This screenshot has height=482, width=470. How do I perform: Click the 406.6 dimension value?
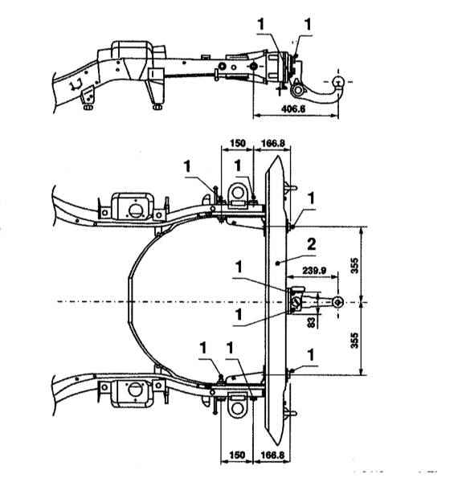(x=293, y=108)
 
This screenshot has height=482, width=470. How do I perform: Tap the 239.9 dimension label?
(x=314, y=271)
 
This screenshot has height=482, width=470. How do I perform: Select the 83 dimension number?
(x=312, y=322)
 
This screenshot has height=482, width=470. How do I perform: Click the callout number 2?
(x=312, y=244)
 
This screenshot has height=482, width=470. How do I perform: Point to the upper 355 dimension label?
(x=354, y=265)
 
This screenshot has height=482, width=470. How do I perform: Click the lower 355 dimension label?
(x=354, y=340)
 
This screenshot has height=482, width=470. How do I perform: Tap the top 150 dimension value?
(x=238, y=143)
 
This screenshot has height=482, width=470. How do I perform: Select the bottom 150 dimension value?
(x=237, y=455)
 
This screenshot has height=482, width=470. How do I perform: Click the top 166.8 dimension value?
(x=272, y=143)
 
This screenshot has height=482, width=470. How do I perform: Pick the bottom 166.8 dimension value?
(x=272, y=455)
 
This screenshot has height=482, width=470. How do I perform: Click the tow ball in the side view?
(x=338, y=82)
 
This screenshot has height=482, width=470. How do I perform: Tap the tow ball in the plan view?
(x=338, y=302)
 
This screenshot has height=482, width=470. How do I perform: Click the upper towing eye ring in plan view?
(x=237, y=193)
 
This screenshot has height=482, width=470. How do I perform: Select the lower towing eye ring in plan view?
(x=237, y=409)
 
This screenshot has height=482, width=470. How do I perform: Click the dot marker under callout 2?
(x=277, y=263)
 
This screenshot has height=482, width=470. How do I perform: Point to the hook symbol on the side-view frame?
(x=76, y=84)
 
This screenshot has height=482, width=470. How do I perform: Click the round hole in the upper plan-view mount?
(x=134, y=210)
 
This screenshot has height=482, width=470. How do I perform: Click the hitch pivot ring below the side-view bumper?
(x=297, y=90)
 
